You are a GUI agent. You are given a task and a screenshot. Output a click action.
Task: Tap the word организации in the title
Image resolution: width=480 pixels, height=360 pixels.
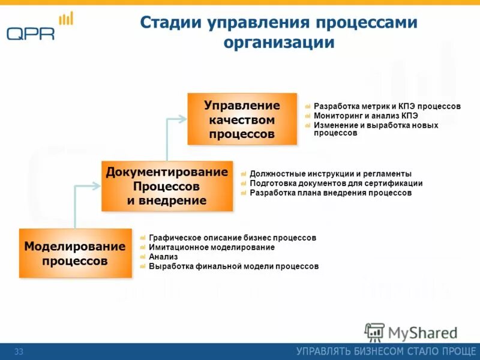point(279,43)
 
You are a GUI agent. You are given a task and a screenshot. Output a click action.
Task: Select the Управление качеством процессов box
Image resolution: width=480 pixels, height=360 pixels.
point(242,119)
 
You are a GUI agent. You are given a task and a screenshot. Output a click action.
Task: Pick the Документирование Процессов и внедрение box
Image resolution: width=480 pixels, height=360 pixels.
point(167,186)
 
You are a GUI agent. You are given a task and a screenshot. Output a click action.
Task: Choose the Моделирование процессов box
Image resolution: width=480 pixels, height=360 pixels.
point(75,253)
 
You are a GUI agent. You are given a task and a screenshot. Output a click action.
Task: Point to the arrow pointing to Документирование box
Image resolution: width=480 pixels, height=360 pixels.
point(87,187)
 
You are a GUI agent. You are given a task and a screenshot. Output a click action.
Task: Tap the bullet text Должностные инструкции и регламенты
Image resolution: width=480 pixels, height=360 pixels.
point(331,174)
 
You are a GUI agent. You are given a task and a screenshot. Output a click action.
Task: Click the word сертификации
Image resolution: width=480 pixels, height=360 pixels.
point(393,184)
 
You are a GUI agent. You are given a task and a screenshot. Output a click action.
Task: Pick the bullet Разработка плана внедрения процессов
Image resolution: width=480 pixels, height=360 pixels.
point(331,193)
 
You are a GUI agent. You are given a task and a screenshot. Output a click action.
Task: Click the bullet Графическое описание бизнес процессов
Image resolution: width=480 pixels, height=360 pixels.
point(232,238)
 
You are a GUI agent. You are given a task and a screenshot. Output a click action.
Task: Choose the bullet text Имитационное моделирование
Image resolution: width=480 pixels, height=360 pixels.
point(212,247)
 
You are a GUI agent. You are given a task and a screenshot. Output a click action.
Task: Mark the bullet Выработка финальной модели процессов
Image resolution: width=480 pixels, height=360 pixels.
point(233,266)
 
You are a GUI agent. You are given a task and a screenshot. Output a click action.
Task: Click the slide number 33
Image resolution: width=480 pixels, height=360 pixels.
point(19,352)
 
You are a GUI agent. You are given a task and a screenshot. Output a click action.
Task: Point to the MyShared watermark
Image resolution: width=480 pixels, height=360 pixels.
point(412,332)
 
